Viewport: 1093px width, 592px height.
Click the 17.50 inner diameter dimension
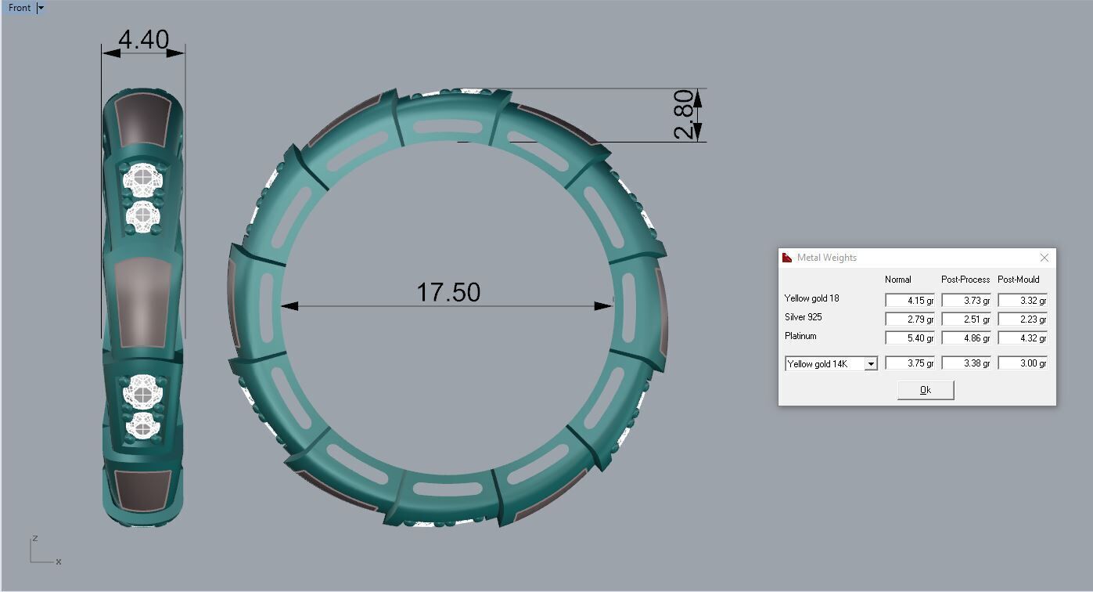coord(448,292)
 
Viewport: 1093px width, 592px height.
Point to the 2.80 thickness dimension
coord(683,114)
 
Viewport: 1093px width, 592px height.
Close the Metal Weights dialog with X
coord(1044,258)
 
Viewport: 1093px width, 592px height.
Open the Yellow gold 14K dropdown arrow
coord(870,364)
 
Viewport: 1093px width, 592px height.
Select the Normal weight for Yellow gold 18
coord(909,300)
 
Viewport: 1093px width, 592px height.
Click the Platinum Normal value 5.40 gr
coord(909,338)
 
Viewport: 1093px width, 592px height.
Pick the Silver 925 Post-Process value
coord(965,319)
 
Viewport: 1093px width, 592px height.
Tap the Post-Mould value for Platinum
coord(1022,338)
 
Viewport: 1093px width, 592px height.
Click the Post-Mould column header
coord(1018,280)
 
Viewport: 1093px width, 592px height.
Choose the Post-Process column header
coord(965,280)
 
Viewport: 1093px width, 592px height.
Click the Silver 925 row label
coord(803,317)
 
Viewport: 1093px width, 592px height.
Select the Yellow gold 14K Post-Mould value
coord(1022,363)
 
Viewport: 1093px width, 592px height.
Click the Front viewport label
coord(20,8)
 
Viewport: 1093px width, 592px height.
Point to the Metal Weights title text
coord(826,258)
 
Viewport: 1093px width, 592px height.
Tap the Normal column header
coord(897,280)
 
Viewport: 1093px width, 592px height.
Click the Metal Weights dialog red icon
coord(787,258)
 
